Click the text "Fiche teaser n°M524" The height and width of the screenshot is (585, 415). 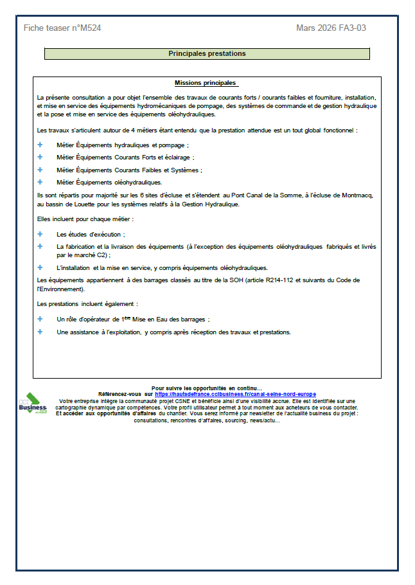click(x=62, y=28)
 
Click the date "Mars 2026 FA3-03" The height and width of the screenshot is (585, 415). click(x=331, y=28)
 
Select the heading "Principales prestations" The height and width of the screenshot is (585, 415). click(x=207, y=54)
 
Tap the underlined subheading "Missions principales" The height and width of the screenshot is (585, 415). click(x=206, y=84)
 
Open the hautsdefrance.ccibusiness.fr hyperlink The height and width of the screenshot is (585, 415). click(x=235, y=394)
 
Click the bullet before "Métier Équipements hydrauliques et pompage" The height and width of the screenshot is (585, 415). click(x=40, y=145)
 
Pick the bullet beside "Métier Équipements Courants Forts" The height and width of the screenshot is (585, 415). click(x=40, y=157)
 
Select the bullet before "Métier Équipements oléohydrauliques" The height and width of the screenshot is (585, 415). click(x=40, y=182)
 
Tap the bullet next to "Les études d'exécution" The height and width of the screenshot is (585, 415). click(x=40, y=235)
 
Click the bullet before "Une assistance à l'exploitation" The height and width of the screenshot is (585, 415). click(x=40, y=332)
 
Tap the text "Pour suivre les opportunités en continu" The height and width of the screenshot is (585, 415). click(x=206, y=388)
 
